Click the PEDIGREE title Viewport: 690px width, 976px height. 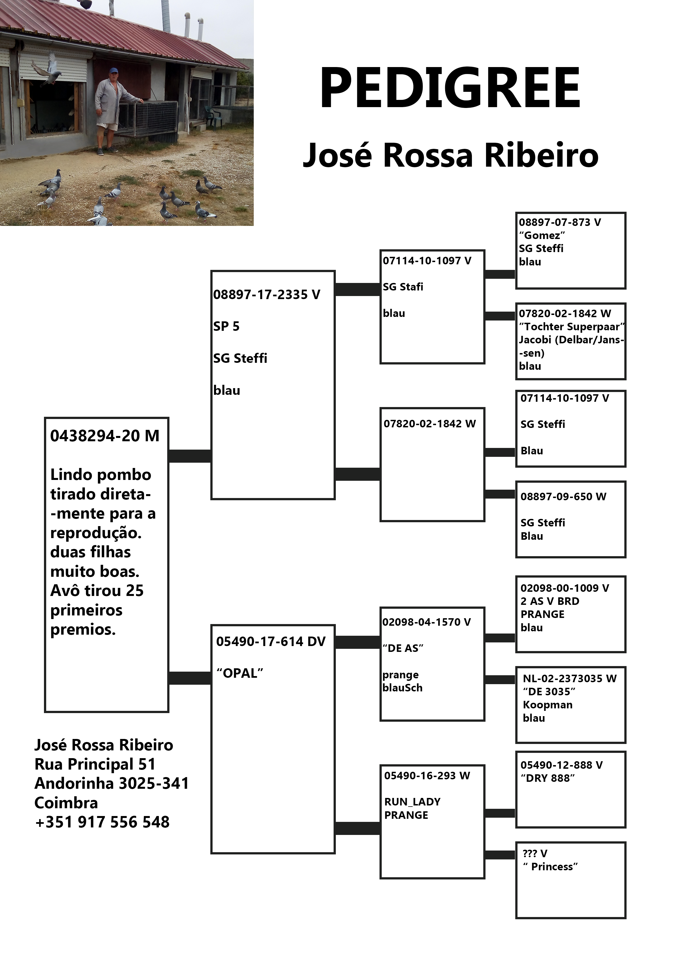450,88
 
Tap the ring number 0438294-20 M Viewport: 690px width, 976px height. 105,436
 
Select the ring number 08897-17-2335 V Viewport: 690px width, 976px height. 267,295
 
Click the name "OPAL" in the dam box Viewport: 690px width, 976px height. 240,673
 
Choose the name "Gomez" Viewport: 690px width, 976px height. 542,235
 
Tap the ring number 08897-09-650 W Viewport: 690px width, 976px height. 563,497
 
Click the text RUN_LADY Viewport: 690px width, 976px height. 412,802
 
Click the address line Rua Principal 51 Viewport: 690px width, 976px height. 95,764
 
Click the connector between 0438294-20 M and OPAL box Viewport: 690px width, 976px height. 190,678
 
